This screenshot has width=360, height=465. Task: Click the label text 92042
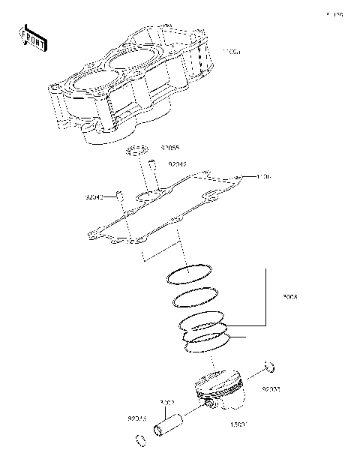pyautogui.click(x=177, y=163)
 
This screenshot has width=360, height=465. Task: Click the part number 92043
pyautogui.click(x=95, y=198)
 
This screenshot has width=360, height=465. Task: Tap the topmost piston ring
pyautogui.click(x=190, y=273)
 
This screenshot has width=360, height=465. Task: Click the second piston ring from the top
pyautogui.click(x=196, y=298)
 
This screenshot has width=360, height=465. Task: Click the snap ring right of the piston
pyautogui.click(x=271, y=367)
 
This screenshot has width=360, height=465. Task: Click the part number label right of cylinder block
pyautogui.click(x=232, y=52)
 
